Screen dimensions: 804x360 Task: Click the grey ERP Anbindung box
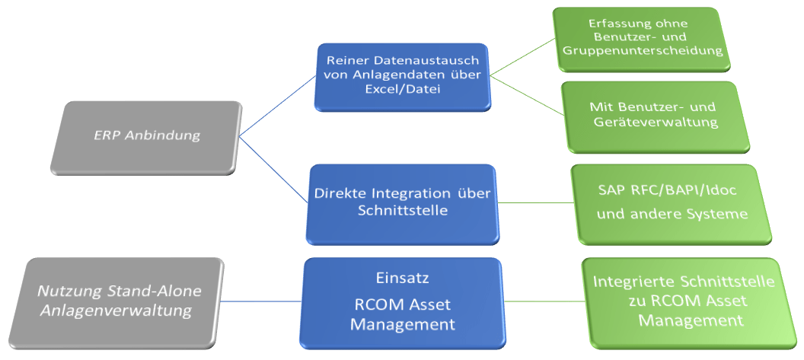point(146,138)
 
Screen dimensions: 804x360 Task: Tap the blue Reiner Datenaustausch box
point(403,77)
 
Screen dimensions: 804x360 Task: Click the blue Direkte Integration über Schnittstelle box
point(403,204)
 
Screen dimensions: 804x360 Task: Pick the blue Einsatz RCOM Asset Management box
point(403,303)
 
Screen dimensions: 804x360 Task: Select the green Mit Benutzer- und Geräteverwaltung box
point(656,116)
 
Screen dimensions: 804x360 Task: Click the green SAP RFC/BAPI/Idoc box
point(672,204)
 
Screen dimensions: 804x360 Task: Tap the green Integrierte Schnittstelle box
point(689,303)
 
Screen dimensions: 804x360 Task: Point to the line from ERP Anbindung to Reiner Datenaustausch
point(277,107)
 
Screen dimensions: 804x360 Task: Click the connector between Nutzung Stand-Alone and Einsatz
point(261,301)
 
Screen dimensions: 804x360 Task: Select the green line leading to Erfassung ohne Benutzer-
point(522,57)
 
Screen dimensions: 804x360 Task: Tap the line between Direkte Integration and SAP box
point(536,202)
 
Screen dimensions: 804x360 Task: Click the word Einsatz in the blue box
point(403,278)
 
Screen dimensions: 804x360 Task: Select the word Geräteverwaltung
point(656,123)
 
